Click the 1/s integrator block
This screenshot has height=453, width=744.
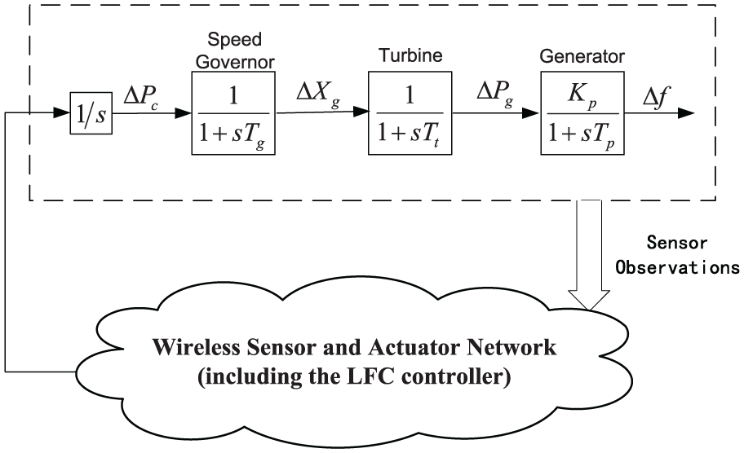tap(91, 113)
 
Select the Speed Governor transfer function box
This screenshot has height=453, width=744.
tap(233, 113)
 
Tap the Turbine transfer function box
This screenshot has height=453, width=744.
tap(410, 113)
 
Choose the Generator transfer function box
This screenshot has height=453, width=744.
tap(582, 113)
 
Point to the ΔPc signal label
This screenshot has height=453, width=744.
tap(141, 98)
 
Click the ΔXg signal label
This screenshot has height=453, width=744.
tap(318, 93)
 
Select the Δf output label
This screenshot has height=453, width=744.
tap(657, 98)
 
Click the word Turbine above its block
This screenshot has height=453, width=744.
tap(410, 55)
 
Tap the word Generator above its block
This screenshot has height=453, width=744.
tap(582, 56)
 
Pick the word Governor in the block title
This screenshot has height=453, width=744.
tap(235, 62)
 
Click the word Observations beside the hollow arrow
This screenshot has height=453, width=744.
tap(678, 268)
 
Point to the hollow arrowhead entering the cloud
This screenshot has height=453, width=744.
tap(589, 300)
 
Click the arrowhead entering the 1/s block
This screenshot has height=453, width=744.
tap(62, 113)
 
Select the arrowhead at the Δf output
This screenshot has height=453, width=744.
tap(686, 113)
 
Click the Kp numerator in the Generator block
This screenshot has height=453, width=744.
tap(582, 95)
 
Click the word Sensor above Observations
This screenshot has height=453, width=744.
tap(677, 243)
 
